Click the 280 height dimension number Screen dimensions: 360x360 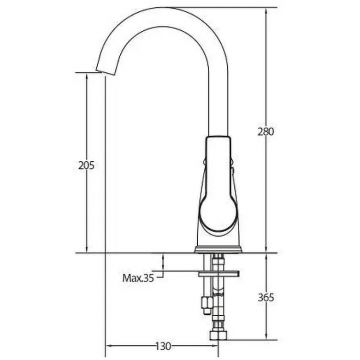point(266,132)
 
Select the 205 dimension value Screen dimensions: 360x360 point(87,165)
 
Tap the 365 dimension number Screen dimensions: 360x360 point(266,298)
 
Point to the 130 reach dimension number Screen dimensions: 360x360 point(163,346)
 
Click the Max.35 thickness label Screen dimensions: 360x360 point(138,278)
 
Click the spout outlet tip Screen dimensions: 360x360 point(103,72)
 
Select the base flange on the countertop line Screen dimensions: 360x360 point(218,249)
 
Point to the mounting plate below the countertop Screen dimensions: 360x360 point(219,274)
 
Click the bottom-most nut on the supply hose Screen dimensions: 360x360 point(218,335)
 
